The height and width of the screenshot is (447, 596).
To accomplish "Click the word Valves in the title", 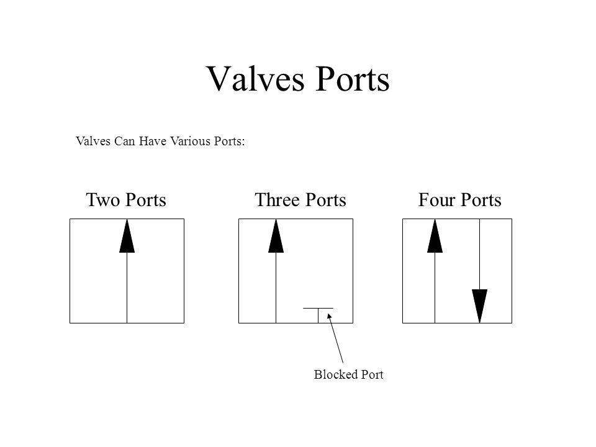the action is pyautogui.click(x=255, y=79).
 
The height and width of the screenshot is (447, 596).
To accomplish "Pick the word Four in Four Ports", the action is pyautogui.click(x=436, y=199).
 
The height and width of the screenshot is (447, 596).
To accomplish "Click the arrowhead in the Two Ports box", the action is pyautogui.click(x=127, y=236).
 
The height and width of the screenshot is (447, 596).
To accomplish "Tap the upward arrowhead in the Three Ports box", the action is pyautogui.click(x=276, y=236).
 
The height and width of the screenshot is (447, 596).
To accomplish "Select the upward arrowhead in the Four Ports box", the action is pyautogui.click(x=435, y=236).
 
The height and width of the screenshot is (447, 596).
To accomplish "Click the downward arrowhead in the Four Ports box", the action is pyautogui.click(x=480, y=306).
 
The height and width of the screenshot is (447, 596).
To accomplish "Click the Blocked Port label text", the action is pyautogui.click(x=348, y=374).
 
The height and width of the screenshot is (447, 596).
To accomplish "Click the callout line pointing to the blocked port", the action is pyautogui.click(x=335, y=338).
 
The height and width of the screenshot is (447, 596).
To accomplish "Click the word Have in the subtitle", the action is pyautogui.click(x=153, y=141).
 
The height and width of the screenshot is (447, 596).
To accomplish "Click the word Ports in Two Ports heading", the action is pyautogui.click(x=145, y=199).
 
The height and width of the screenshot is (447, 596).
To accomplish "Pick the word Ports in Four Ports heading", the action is pyautogui.click(x=481, y=199).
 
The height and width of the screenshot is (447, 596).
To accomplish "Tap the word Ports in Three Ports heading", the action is pyautogui.click(x=326, y=199).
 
